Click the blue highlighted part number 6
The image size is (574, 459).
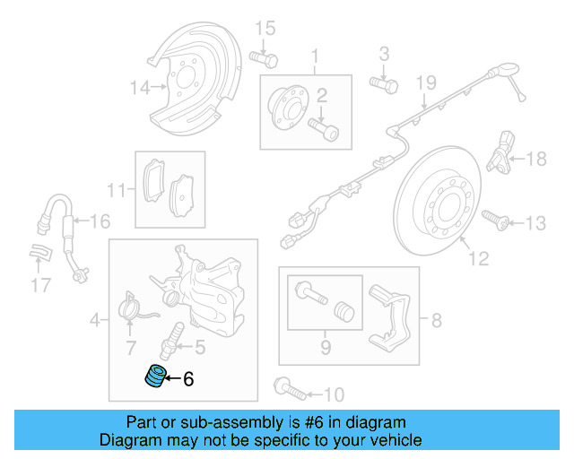click(157, 377)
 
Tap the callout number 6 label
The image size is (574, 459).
click(188, 379)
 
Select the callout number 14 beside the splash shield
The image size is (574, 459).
click(137, 88)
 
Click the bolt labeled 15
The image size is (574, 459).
click(264, 58)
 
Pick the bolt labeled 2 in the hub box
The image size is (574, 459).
click(325, 129)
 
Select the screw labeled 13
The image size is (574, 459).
click(493, 218)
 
